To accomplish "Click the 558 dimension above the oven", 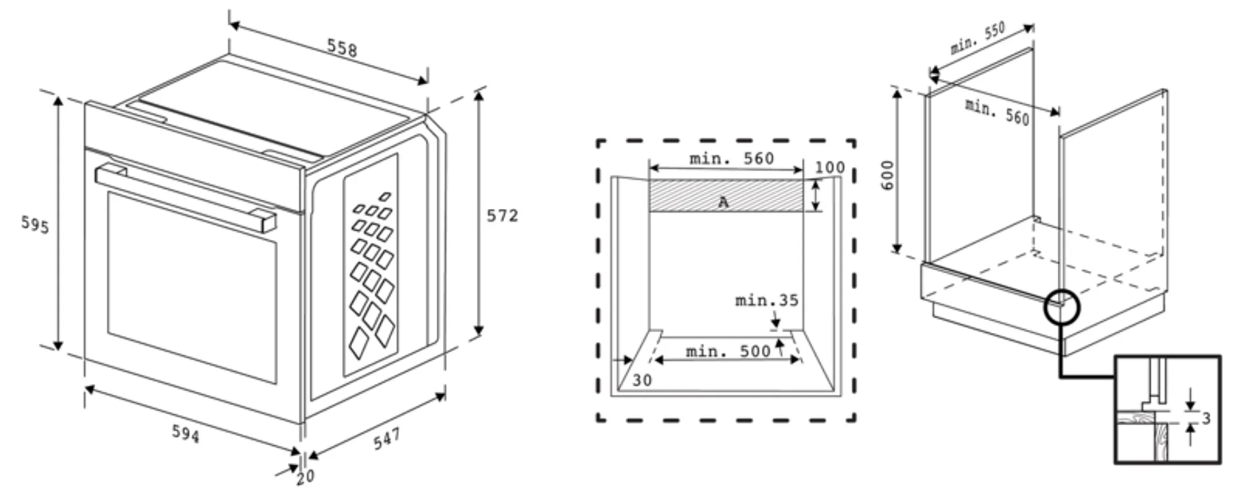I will click(x=342, y=48).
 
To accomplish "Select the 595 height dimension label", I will click(x=35, y=224).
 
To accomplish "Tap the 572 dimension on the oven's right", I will click(x=502, y=216).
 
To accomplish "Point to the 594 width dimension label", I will click(x=186, y=434).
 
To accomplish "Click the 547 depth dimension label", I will click(x=387, y=439).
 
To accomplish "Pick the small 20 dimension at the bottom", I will click(x=305, y=476).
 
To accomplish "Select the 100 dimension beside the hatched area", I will click(x=829, y=168).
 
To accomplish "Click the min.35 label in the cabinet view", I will click(x=766, y=300).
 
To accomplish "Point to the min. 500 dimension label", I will click(x=728, y=351).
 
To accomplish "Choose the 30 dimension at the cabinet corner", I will click(x=642, y=380).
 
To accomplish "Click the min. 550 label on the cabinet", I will click(x=977, y=38).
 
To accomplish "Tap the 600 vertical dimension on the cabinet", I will click(x=887, y=176).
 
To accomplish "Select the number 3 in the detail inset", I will click(x=1206, y=419).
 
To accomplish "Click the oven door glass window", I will click(x=192, y=287).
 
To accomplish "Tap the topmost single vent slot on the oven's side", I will click(x=385, y=197).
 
